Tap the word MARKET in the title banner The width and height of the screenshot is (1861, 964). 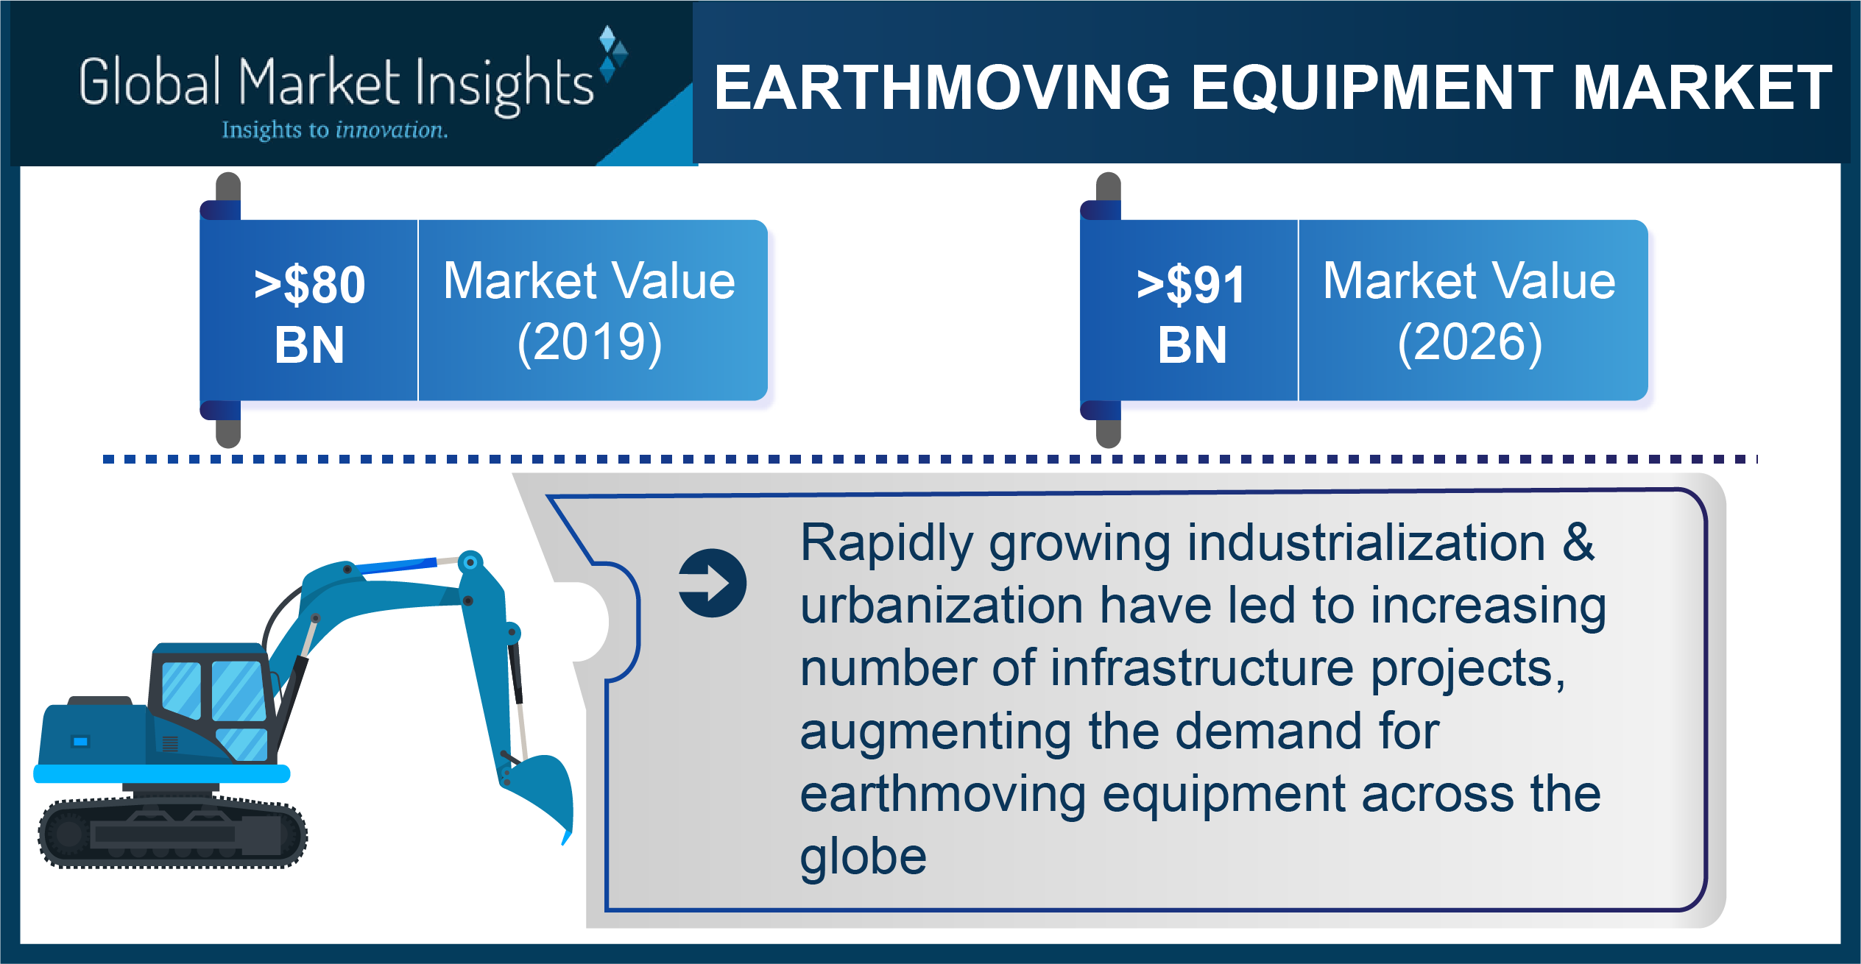(1702, 88)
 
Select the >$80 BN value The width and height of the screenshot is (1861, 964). (310, 314)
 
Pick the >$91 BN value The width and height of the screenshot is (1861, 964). (1191, 314)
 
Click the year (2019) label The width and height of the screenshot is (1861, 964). (590, 343)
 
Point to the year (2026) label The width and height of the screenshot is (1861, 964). (1470, 343)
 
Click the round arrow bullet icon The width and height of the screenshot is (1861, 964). (713, 583)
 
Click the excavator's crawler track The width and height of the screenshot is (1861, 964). (172, 833)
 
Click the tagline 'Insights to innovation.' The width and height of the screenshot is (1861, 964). (335, 130)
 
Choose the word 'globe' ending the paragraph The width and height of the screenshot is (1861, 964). (864, 858)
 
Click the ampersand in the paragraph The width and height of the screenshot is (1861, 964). (1579, 542)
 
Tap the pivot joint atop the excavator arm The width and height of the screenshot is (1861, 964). (470, 563)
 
